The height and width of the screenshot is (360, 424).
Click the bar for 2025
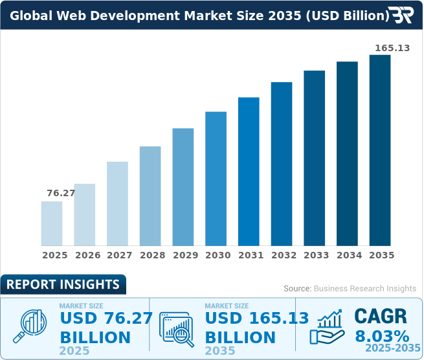[52, 223]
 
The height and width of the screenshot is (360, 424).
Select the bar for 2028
[150, 196]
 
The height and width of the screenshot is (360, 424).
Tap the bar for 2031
[249, 171]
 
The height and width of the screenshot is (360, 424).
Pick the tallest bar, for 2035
[380, 150]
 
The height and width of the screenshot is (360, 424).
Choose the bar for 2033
[315, 158]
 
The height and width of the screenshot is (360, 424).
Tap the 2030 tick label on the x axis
[218, 255]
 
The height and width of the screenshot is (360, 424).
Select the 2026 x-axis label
[87, 255]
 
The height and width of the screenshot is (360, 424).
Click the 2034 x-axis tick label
[349, 255]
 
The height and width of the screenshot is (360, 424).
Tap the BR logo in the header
[401, 15]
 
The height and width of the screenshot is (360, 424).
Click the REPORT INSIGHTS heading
[63, 284]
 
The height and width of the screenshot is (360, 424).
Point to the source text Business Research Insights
[350, 288]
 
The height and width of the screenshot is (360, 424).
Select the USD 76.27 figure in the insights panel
[106, 318]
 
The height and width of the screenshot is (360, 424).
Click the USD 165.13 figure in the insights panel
[249, 318]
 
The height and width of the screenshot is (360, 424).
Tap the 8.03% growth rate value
[382, 337]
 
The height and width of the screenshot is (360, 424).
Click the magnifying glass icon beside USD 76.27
[32, 325]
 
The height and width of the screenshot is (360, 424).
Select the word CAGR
[381, 316]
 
